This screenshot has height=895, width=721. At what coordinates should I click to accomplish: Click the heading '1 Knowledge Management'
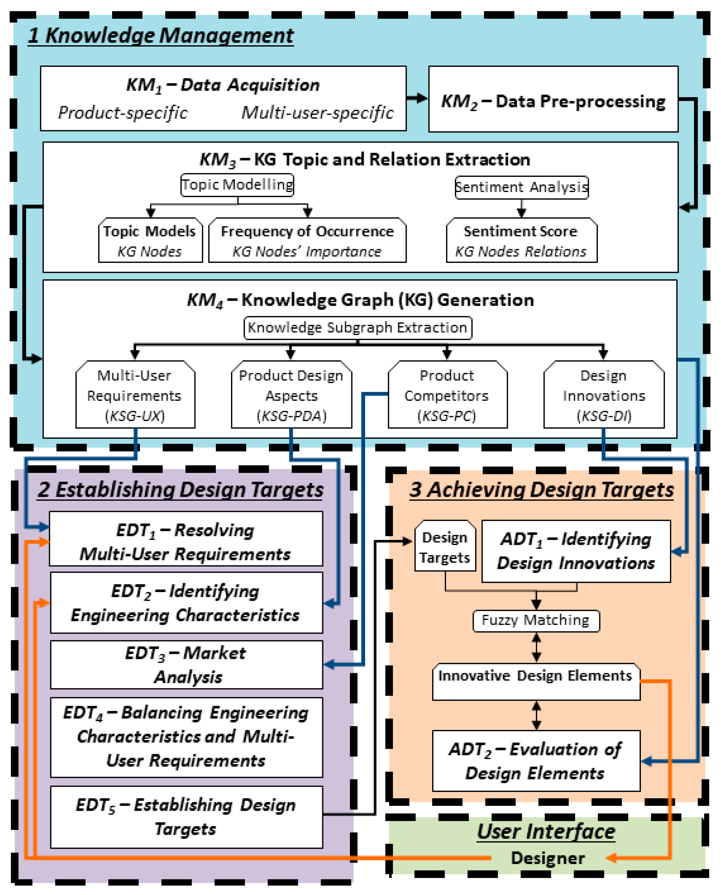click(x=161, y=35)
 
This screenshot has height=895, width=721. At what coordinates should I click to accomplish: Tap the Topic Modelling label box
click(x=237, y=185)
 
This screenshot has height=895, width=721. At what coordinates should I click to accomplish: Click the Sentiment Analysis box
click(x=522, y=187)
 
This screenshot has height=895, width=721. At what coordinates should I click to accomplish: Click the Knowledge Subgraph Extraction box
click(x=358, y=328)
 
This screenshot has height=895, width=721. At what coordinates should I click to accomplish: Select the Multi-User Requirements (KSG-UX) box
click(x=135, y=395)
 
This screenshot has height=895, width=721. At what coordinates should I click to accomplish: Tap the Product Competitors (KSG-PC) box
click(x=447, y=395)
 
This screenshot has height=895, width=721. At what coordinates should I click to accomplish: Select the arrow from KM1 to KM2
click(x=417, y=98)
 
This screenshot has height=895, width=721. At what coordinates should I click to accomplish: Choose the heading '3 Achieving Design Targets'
click(x=541, y=490)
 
